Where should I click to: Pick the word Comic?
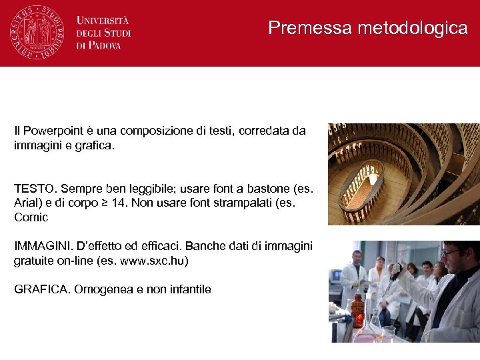(x=31, y=217)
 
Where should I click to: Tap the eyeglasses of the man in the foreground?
(x=452, y=253)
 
